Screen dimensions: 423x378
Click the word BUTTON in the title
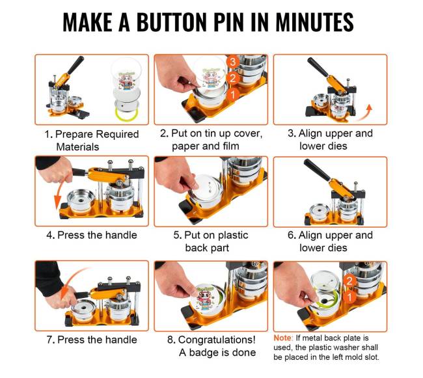pyautogui.click(x=172, y=22)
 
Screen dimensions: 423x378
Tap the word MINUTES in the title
pyautogui.click(x=314, y=22)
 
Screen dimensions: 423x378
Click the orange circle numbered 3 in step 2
pyautogui.click(x=232, y=62)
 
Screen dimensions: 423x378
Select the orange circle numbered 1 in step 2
pyautogui.click(x=232, y=94)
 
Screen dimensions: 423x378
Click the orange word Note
pyautogui.click(x=282, y=338)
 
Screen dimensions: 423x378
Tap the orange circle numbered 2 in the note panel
pyautogui.click(x=349, y=281)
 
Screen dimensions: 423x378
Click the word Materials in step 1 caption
pyautogui.click(x=77, y=147)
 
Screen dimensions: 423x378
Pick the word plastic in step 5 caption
pyautogui.click(x=232, y=235)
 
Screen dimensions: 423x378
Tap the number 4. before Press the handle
pyautogui.click(x=51, y=235)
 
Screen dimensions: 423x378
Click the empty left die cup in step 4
pyautogui.click(x=81, y=200)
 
